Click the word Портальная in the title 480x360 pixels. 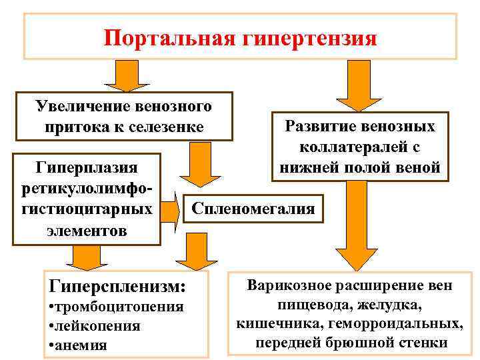(x=167, y=37)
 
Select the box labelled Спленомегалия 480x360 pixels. (x=253, y=209)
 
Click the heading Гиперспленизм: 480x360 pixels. (x=117, y=286)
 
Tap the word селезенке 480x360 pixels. (x=166, y=125)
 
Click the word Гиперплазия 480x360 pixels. (x=87, y=165)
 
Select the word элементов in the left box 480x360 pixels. (x=87, y=231)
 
